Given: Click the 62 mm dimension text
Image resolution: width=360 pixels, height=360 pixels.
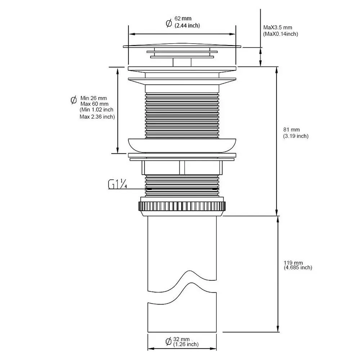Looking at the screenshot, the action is point(183,18).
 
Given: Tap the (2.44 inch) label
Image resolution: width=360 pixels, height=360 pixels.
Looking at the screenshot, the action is point(187,26).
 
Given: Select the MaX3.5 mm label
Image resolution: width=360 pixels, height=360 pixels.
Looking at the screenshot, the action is point(278,28).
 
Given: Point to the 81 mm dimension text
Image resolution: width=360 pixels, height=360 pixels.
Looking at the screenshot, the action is point(291,130).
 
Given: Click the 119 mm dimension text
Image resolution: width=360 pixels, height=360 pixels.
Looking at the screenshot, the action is point(293,262).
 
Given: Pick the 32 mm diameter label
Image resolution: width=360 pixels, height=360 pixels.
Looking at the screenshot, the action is point(181,339).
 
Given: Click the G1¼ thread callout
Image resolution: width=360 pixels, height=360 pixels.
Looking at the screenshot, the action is point(118,184).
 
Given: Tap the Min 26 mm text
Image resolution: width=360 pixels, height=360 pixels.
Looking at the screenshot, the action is point(94,98).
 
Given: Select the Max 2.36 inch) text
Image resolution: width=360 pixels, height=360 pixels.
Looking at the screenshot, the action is point(97,117).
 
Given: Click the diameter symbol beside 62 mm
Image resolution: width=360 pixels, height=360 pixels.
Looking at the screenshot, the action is point(169,23).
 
